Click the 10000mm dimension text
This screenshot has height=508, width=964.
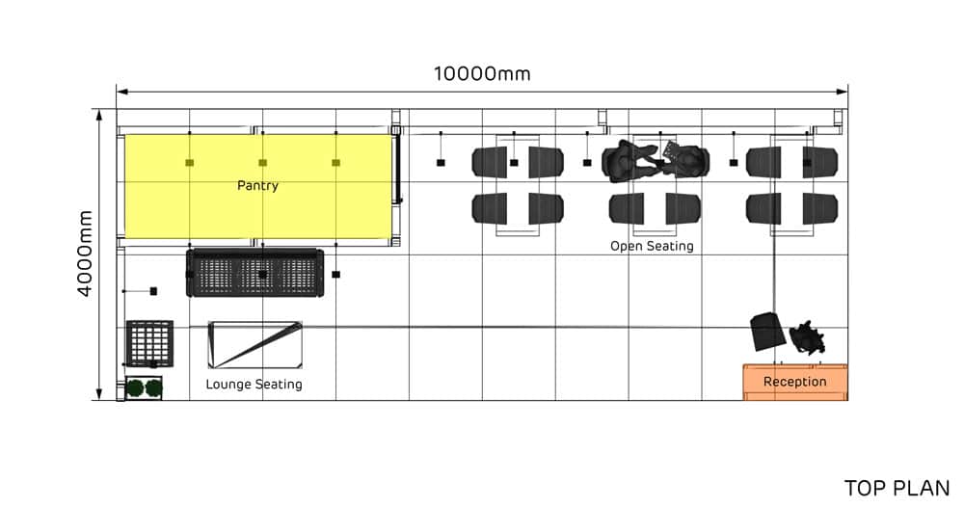tap(482, 74)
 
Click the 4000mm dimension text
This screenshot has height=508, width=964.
tap(85, 254)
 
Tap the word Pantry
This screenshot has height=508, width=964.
tap(257, 185)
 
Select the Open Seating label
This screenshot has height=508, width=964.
tap(652, 246)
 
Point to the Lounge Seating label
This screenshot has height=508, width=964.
tap(254, 385)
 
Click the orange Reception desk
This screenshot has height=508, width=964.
tap(795, 382)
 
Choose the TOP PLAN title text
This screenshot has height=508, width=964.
tap(897, 488)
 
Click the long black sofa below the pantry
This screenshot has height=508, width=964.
tap(254, 274)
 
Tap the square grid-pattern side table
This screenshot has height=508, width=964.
tap(149, 343)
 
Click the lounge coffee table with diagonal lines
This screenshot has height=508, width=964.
tap(255, 345)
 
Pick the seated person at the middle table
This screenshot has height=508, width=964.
tap(630, 160)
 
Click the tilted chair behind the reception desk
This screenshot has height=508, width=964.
tap(768, 331)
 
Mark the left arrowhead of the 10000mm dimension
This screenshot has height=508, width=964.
tap(120, 92)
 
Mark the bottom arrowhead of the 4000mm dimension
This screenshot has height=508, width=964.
tap(98, 396)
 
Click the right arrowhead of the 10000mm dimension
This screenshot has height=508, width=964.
tap(844, 92)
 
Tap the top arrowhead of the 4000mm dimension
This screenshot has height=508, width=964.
tap(98, 113)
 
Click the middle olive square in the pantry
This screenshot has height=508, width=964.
tap(262, 163)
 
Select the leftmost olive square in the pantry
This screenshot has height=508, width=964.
tap(190, 163)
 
